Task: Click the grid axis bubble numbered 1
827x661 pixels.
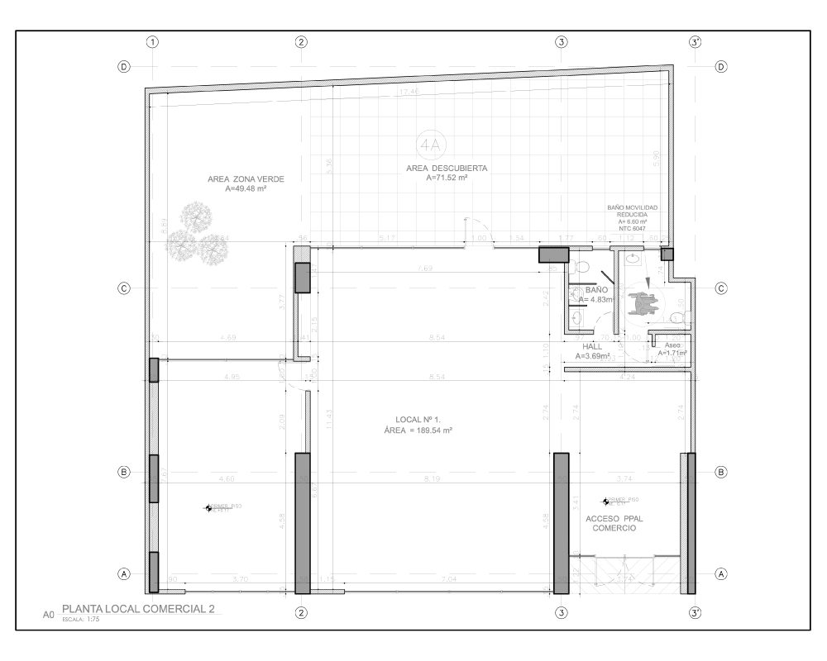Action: point(152,41)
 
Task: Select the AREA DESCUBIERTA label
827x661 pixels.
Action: point(447,168)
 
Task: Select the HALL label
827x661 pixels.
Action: point(592,347)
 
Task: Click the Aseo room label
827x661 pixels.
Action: point(672,345)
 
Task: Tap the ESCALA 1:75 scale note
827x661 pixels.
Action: point(79,618)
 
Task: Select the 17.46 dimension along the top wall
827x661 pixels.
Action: point(409,92)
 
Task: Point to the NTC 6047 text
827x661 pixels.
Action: point(631,228)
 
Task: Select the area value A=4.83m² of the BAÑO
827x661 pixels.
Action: point(596,299)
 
